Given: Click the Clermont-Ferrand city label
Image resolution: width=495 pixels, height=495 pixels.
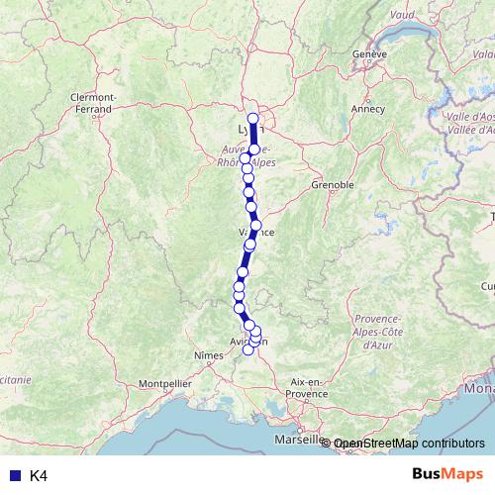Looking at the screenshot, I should coord(95,102).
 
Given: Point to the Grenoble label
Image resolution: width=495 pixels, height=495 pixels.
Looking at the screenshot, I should coord(333,184).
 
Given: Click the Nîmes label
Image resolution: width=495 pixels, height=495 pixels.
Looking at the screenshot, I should coord(209,353).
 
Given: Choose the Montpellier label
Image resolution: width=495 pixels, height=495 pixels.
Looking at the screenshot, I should coord(164,381).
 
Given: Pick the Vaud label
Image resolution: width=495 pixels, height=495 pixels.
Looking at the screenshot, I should coord(402,15).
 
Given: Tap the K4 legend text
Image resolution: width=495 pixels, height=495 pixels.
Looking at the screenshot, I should coord(38,476).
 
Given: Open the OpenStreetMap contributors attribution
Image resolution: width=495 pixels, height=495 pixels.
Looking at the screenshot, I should coord(409,444).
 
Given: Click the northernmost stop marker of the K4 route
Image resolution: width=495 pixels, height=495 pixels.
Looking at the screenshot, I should coord(252,119).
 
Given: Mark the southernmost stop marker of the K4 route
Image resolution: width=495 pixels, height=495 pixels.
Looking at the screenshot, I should coord(248,350).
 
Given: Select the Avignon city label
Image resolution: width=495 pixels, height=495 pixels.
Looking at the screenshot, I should coord(248,342).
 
